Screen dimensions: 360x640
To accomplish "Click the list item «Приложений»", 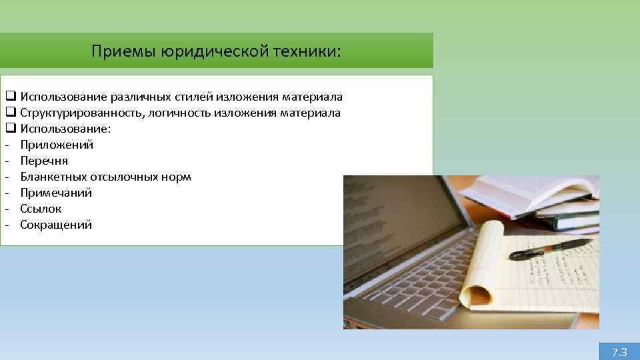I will pyautogui.click(x=57, y=145).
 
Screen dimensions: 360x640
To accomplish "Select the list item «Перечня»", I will pyautogui.click(x=44, y=161).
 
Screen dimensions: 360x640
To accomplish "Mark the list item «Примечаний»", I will pyautogui.click(x=56, y=193).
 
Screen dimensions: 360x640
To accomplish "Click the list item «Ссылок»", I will pyautogui.click(x=41, y=209).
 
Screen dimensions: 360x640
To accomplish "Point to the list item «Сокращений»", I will pyautogui.click(x=56, y=225).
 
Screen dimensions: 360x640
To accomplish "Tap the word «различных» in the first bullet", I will pyautogui.click(x=131, y=97).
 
